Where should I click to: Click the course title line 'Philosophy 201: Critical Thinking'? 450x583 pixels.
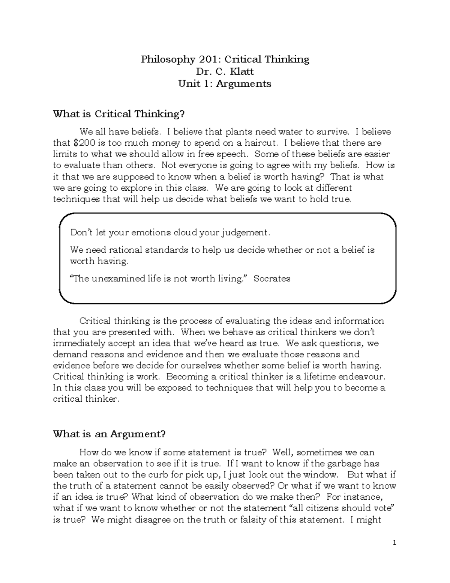(x=225, y=59)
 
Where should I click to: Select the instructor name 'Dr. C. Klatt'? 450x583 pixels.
(x=225, y=71)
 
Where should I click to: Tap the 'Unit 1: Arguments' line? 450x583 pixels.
(x=225, y=83)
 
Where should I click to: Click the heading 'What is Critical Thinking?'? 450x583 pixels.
(x=119, y=114)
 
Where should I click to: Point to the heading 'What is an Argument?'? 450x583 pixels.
(x=109, y=434)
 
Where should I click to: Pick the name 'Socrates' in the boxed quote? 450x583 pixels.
(x=272, y=279)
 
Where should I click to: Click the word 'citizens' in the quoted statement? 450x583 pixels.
(x=329, y=508)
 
